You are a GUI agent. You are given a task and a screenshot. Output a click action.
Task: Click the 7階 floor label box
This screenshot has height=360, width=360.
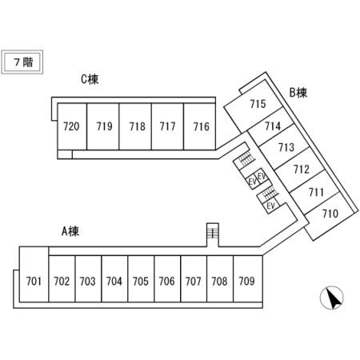pyautogui.click(x=22, y=62)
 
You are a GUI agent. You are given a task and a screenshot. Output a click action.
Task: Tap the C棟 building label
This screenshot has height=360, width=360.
pyautogui.click(x=90, y=79)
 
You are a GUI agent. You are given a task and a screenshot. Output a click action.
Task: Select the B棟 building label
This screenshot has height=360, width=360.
pyautogui.click(x=298, y=93)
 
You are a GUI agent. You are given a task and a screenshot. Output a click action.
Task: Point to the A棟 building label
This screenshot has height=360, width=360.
pyautogui.click(x=70, y=231)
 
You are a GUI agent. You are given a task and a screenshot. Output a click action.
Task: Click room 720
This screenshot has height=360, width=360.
pyautogui.click(x=72, y=126)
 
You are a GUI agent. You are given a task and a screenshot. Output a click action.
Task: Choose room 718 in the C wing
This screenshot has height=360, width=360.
pyautogui.click(x=135, y=126)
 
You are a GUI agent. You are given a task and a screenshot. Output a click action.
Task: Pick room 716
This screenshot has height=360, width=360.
pyautogui.click(x=199, y=126)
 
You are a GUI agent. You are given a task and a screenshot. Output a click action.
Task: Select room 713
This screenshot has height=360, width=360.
pyautogui.click(x=284, y=146)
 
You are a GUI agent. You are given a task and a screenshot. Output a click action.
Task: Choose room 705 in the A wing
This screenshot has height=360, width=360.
pyautogui.click(x=141, y=279)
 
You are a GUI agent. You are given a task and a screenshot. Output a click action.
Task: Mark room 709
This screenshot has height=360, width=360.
pyautogui.click(x=248, y=279)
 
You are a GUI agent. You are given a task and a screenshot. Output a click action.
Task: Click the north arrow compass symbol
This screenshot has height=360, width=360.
pyautogui.click(x=331, y=298)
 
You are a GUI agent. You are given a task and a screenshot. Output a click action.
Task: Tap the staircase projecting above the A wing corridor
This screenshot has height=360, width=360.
pyautogui.click(x=213, y=234)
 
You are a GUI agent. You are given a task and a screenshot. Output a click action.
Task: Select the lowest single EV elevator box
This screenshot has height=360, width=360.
pyautogui.click(x=271, y=206)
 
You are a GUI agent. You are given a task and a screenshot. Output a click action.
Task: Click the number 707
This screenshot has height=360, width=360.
pyautogui.click(x=193, y=281)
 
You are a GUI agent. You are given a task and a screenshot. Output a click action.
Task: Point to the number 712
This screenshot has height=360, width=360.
pyautogui.click(x=302, y=169)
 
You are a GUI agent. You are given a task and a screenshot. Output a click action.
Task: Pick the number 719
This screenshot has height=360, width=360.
pyautogui.click(x=104, y=126)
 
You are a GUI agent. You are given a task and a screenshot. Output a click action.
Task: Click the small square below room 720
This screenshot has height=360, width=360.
pyautogui.click(x=65, y=154)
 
